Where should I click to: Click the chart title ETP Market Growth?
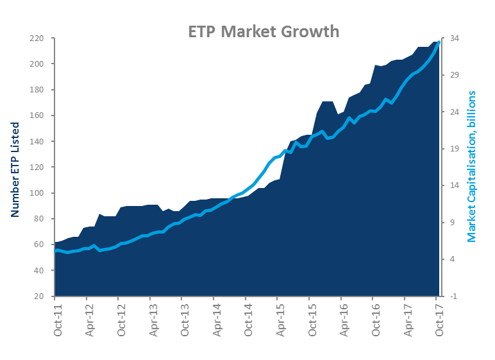coord(263,31)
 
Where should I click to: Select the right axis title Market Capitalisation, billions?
coord(472,166)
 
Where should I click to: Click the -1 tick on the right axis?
coord(453,296)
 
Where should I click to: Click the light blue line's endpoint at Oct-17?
coord(439,42)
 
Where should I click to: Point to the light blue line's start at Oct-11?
coord(56,251)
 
